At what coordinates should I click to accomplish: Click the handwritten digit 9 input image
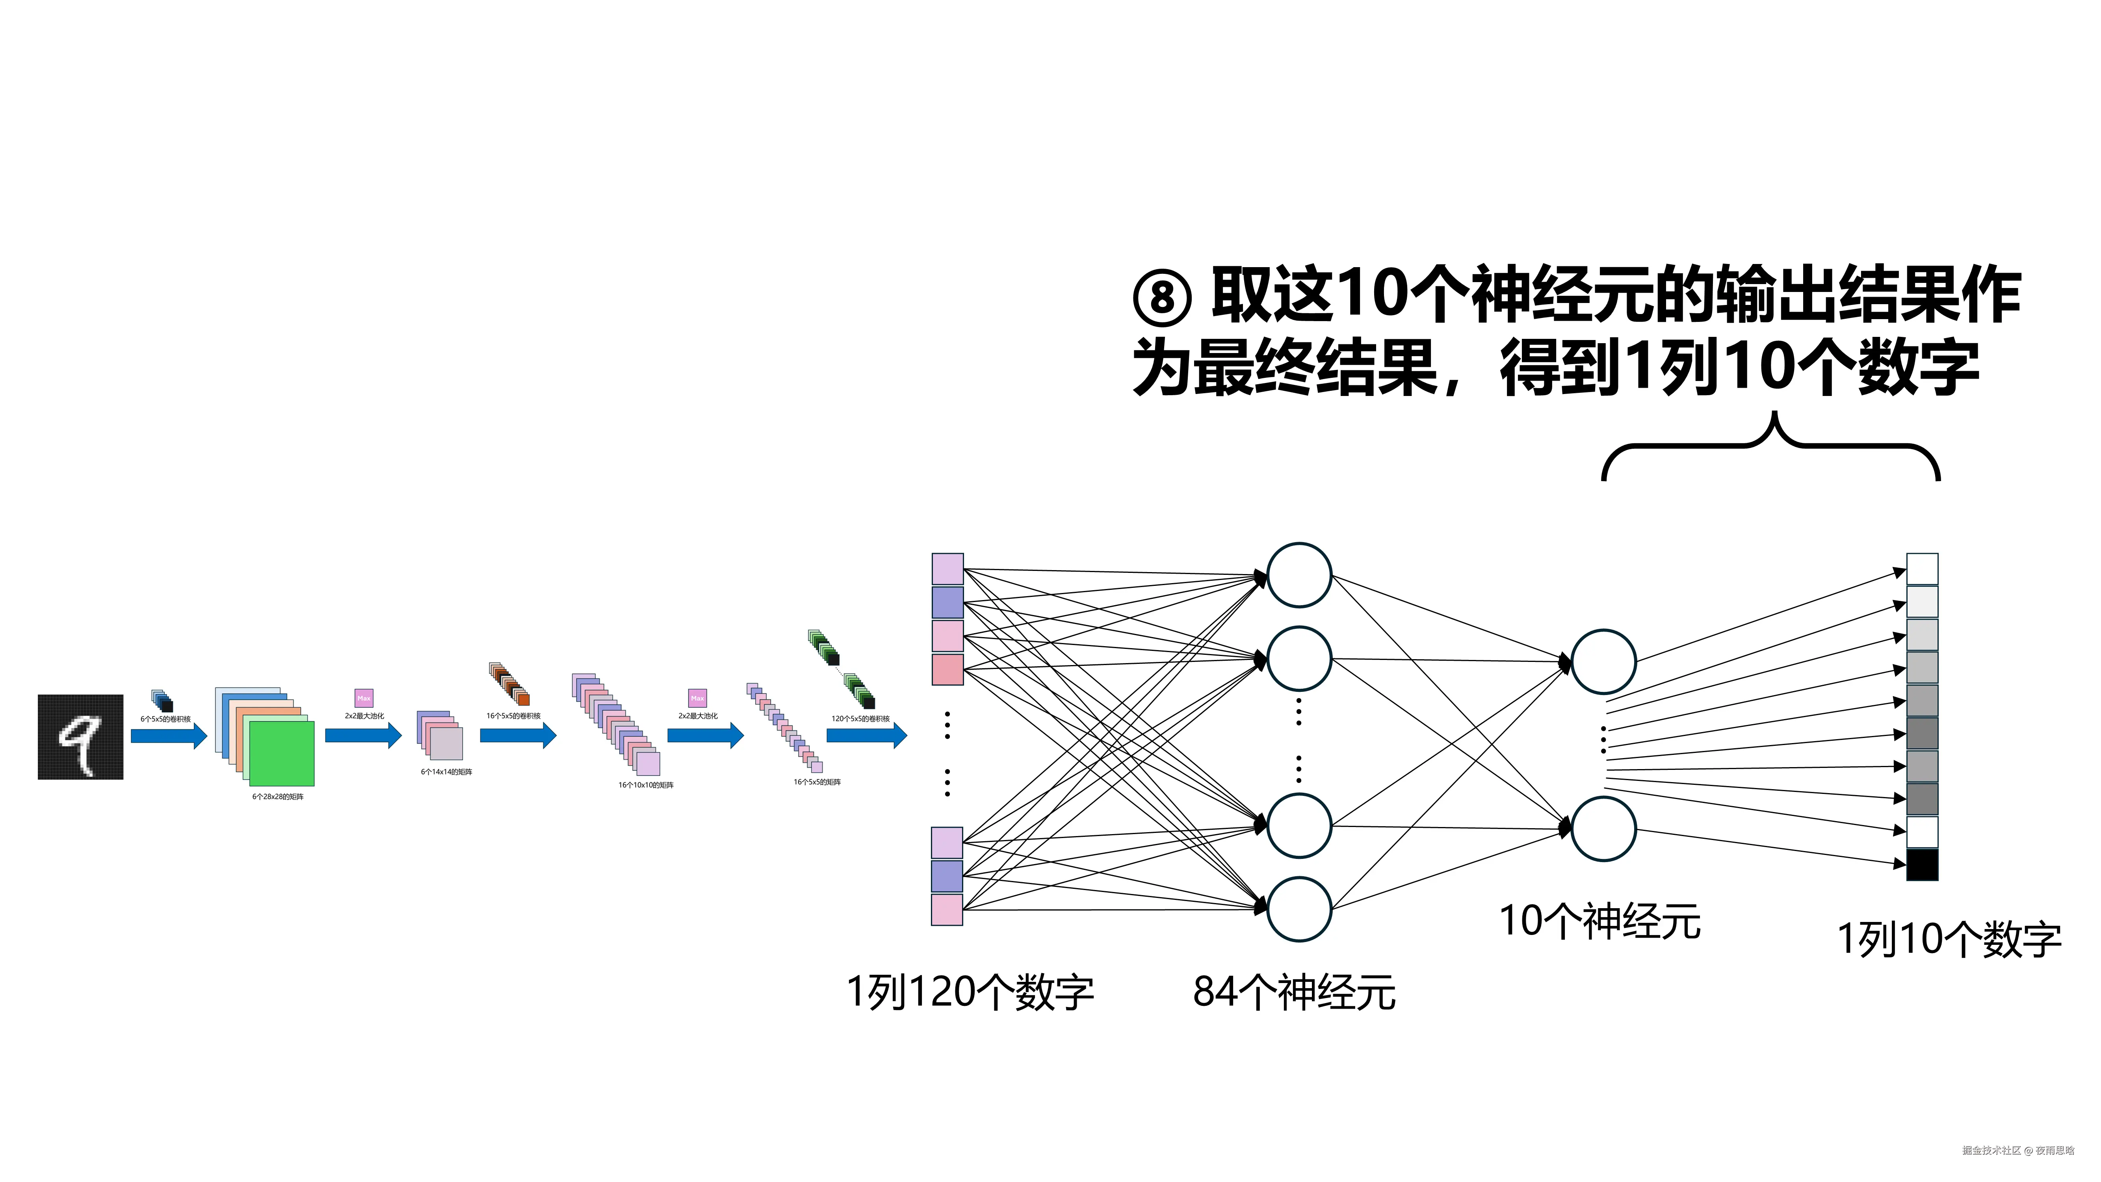[80, 737]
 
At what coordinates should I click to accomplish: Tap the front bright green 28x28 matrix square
[281, 754]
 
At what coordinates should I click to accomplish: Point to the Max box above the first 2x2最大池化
[364, 698]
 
